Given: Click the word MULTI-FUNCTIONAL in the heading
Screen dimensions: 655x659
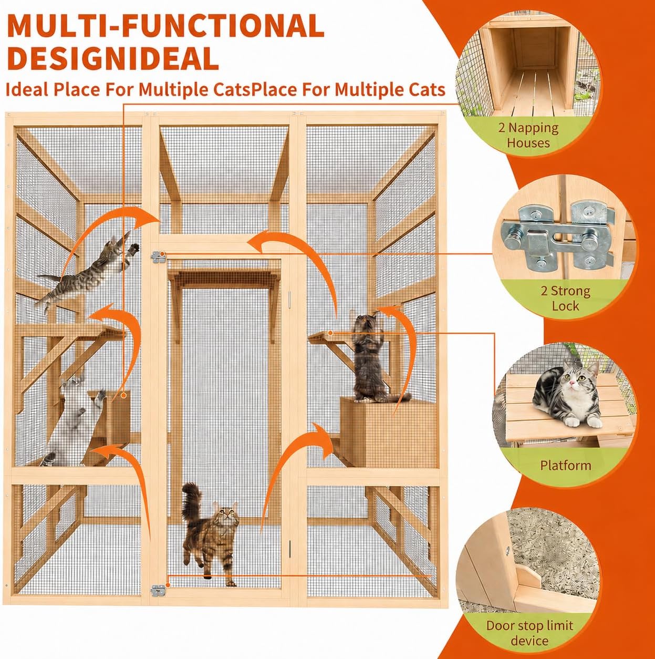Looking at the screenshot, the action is click(x=165, y=26).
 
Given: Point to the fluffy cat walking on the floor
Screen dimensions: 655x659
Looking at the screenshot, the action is click(x=209, y=534).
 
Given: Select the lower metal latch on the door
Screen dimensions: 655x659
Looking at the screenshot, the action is click(x=158, y=590).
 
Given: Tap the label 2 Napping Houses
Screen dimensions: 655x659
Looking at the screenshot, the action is click(x=528, y=136).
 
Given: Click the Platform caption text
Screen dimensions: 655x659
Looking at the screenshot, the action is click(x=565, y=465).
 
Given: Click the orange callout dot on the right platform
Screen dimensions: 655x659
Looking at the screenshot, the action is click(x=330, y=333).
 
